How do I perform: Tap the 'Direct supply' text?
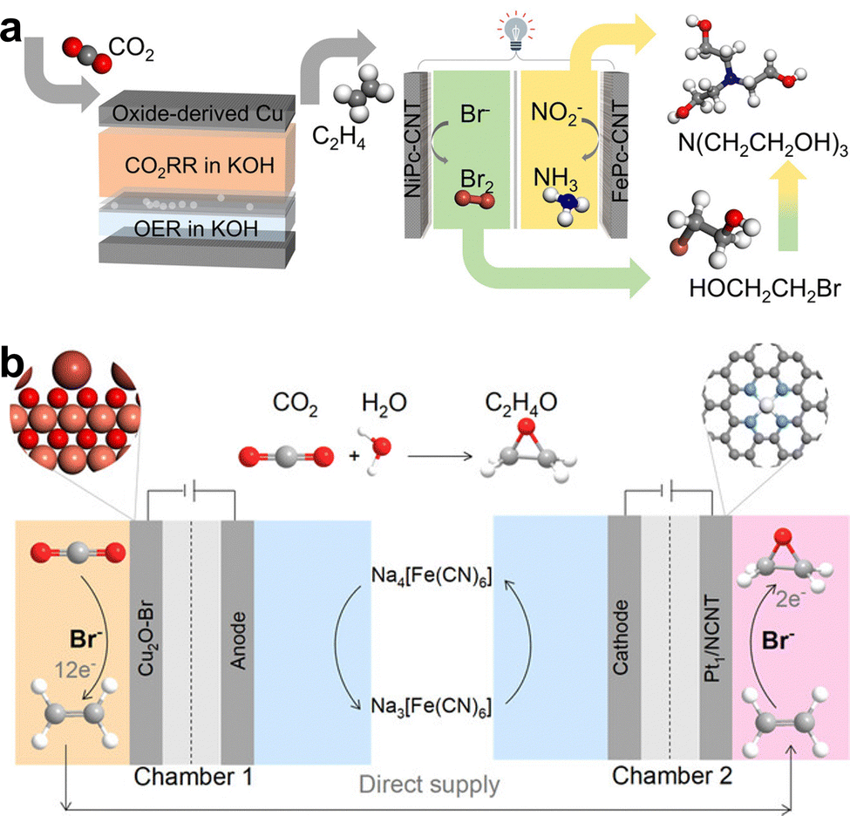coord(431,784)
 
